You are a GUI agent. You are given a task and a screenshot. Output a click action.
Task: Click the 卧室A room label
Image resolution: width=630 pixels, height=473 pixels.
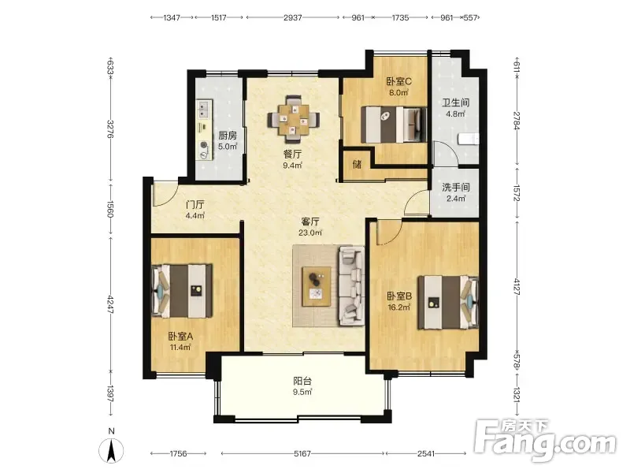tap(180, 337)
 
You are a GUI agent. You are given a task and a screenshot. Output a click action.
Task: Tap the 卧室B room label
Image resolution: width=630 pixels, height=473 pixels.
tap(399, 296)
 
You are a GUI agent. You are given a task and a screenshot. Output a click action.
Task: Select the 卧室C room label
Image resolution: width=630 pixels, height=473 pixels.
tap(398, 81)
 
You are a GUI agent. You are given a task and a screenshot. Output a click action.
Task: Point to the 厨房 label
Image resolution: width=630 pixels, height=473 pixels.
tap(228, 136)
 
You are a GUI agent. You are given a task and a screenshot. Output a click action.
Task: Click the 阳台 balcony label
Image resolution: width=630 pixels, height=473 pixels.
tap(302, 381)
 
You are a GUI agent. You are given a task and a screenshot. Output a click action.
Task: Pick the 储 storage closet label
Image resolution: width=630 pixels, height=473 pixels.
tap(357, 164)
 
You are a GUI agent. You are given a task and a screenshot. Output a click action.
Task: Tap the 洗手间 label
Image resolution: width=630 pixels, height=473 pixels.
tap(456, 188)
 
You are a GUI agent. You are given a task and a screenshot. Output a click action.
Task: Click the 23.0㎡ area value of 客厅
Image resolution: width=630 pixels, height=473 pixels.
tap(310, 233)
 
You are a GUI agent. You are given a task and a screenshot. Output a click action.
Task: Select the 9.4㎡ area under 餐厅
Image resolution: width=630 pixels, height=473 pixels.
tap(292, 166)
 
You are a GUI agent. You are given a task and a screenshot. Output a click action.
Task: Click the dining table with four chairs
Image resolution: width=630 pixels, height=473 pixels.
tap(294, 120)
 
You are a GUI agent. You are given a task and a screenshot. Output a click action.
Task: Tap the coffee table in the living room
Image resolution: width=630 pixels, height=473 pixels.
tap(317, 286)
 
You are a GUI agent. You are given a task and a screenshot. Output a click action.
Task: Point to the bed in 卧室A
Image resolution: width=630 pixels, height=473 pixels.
tap(182, 291)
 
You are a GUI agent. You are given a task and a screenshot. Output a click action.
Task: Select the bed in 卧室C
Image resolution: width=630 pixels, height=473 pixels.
tap(393, 125)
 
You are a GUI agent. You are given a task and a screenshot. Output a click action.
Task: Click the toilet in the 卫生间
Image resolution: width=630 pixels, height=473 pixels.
tap(469, 139)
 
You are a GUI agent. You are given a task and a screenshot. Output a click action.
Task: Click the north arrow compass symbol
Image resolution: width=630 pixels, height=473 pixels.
tap(111, 451)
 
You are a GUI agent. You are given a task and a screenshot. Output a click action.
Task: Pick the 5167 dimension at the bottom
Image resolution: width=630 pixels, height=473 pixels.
tap(302, 454)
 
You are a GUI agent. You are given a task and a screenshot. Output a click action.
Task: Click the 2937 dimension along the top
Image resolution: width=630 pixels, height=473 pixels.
tap(292, 17)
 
